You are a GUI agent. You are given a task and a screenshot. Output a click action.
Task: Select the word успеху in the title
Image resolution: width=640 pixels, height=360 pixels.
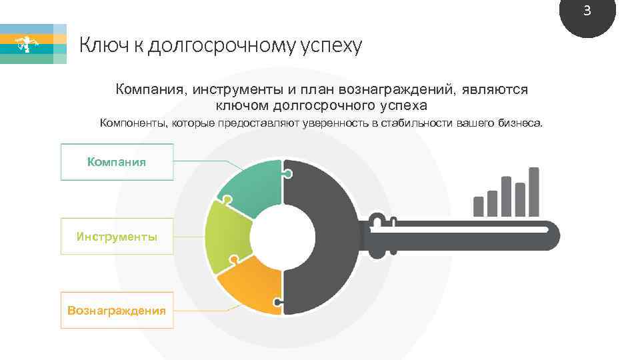331,46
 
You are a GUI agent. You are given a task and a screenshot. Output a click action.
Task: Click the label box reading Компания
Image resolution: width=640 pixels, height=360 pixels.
117,162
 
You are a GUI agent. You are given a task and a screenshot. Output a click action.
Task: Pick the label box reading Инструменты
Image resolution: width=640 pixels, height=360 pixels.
117,236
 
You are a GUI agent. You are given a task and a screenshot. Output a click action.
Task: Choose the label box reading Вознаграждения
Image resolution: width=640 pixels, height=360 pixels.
117,310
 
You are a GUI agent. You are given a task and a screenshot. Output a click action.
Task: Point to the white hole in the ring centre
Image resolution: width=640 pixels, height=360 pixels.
283,237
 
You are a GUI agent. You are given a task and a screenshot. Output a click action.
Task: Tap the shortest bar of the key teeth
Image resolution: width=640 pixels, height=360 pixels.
478,206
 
